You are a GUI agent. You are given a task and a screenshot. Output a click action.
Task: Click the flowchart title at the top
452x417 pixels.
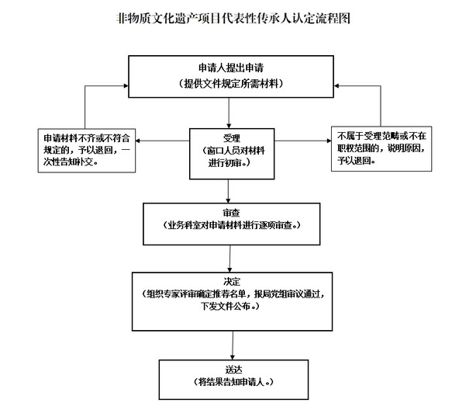tap(233, 19)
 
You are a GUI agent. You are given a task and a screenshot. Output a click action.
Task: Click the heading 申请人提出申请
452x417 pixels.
tap(231, 68)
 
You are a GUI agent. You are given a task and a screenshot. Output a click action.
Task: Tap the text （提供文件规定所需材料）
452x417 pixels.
tap(231, 84)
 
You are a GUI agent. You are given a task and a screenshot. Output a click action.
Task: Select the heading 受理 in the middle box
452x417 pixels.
tap(232, 138)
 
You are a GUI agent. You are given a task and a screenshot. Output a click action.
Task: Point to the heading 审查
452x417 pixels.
tap(231, 213)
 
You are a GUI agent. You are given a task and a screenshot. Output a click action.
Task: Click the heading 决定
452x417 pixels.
tap(232, 282)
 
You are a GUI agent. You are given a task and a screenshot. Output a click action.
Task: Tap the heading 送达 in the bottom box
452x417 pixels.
tap(233, 370)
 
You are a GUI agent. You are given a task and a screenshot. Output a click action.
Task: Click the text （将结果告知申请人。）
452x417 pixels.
tap(233, 382)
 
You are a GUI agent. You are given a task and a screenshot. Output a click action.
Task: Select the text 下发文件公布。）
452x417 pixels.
tap(230, 306)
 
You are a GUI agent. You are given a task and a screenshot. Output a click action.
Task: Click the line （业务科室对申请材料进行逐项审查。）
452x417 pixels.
tap(231, 225)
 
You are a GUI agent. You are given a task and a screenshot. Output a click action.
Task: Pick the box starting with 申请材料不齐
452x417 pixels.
tap(87, 151)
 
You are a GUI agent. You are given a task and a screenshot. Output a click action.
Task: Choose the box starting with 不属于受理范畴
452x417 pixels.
tap(381, 149)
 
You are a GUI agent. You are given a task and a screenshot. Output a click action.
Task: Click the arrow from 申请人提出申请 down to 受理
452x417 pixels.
tap(229, 113)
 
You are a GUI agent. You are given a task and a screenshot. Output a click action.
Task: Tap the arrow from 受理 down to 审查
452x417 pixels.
tap(228, 191)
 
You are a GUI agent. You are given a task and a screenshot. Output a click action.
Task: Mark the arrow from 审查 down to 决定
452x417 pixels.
tap(229, 259)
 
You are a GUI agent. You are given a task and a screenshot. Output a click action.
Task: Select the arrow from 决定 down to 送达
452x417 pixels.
tap(233, 346)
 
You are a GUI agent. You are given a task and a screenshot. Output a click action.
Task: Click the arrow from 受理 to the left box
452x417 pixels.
tap(162, 141)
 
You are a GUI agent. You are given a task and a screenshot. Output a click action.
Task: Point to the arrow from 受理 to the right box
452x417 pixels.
tap(302, 141)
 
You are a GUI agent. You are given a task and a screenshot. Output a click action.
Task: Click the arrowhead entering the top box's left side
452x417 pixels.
tap(126, 85)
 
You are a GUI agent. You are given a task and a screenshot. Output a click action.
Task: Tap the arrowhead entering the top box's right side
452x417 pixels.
tap(336, 85)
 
